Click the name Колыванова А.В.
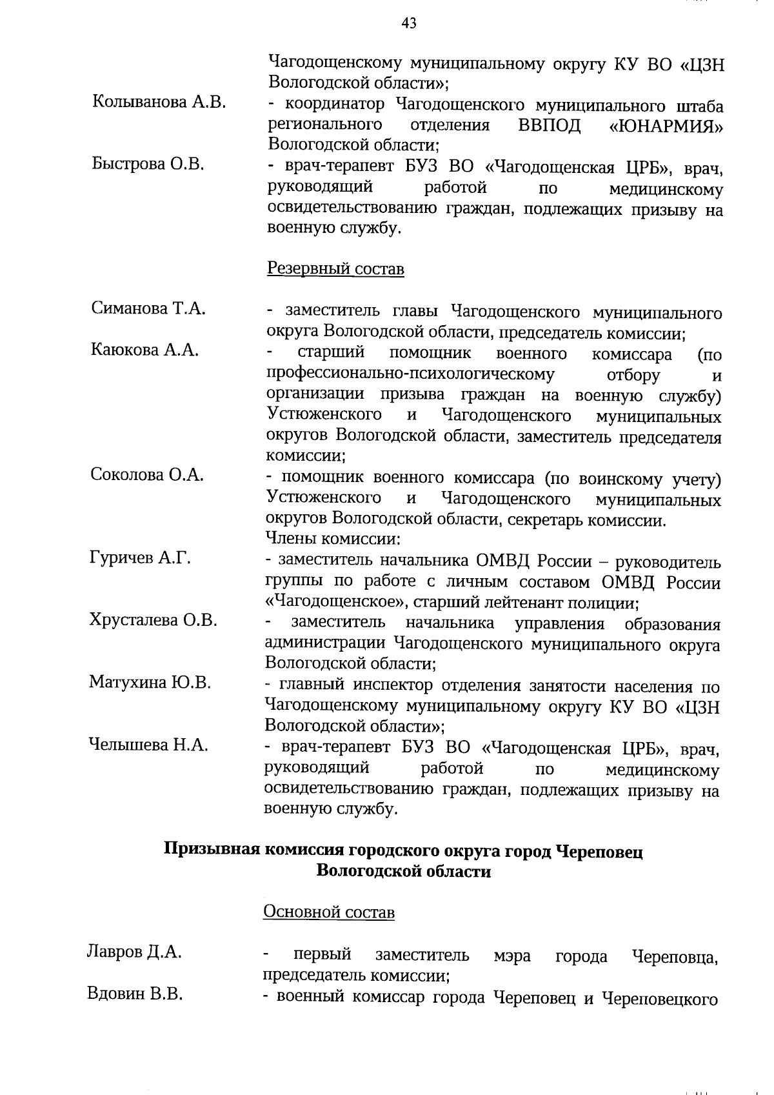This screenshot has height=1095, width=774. [x=159, y=102]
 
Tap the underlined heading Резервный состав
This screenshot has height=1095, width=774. [x=335, y=268]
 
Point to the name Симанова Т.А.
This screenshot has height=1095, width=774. [x=148, y=308]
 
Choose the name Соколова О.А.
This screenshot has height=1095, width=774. [x=146, y=475]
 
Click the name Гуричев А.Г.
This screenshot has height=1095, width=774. [x=140, y=558]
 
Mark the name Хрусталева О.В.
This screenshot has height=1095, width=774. [x=153, y=620]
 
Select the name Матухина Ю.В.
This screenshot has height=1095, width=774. [x=150, y=682]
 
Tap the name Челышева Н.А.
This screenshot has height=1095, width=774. [x=148, y=745]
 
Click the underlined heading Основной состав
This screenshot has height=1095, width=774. [x=329, y=912]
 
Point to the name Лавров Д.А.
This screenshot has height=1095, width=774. [x=134, y=952]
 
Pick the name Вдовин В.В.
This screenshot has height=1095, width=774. [x=135, y=994]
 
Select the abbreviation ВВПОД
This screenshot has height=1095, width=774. [x=549, y=125]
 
